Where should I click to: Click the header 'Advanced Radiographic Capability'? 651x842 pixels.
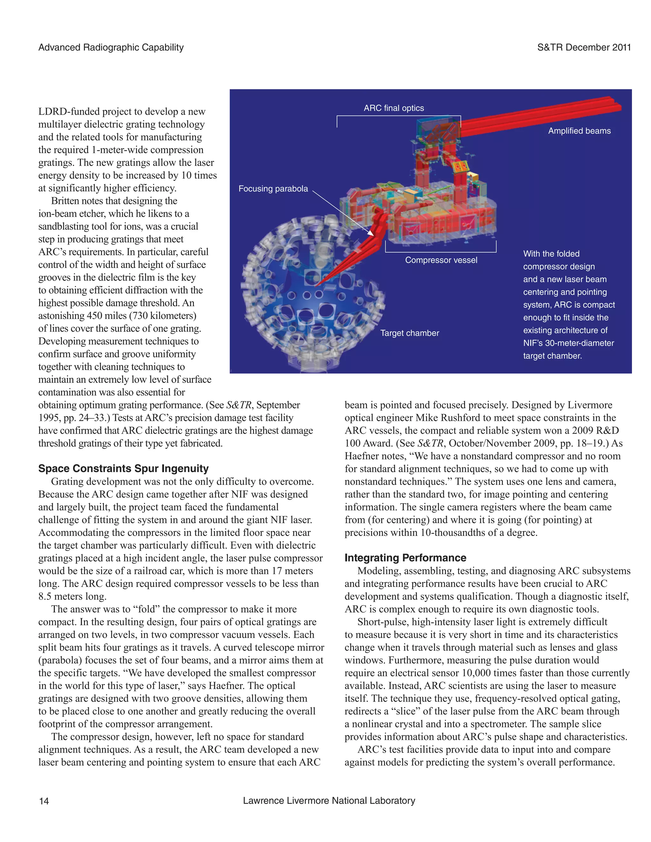coord(111,47)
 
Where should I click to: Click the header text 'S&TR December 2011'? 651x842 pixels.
coord(584,47)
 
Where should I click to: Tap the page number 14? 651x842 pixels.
coord(44,801)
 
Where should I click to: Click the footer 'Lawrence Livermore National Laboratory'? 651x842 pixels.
coord(329,800)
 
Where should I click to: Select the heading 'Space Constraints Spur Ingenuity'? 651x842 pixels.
coord(123,468)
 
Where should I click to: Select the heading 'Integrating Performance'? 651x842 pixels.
coord(405,558)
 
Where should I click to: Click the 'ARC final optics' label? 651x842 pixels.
coord(394,108)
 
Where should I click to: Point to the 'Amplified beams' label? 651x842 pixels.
coord(579,131)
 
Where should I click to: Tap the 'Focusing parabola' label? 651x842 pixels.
coord(273,188)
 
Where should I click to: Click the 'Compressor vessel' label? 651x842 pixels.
coord(441,260)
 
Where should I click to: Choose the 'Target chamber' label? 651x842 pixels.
coord(409,333)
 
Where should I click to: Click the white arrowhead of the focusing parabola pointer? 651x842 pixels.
coord(371,233)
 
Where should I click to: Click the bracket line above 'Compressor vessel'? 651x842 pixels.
coord(441,252)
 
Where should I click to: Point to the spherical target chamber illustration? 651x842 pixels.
coord(309,297)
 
